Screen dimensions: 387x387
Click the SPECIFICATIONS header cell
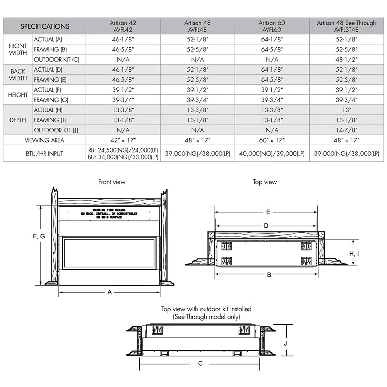pos(45,26)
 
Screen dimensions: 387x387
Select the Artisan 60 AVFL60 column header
pos(272,26)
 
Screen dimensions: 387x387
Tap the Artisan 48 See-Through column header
pos(346,26)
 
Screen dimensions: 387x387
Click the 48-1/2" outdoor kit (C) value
pos(346,60)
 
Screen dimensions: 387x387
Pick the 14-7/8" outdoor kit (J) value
pos(346,130)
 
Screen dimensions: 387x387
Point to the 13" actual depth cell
pos(346,110)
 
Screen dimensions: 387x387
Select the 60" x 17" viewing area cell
pos(272,140)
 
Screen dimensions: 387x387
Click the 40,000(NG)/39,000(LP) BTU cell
pos(272,154)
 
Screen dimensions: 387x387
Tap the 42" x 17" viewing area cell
pos(123,140)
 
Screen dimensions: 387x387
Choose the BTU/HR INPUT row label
pos(45,154)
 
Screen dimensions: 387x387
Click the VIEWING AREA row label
pos(45,140)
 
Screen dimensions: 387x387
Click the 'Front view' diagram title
pos(112,182)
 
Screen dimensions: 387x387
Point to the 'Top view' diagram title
pos(265,182)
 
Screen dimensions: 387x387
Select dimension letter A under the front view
pos(110,293)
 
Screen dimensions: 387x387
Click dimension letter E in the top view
pos(267,212)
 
